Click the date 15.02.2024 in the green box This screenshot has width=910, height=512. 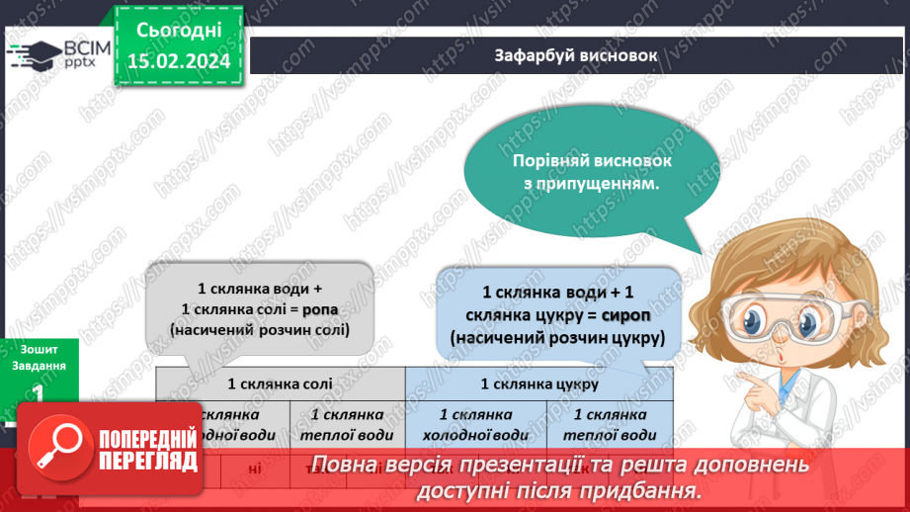pos(179,61)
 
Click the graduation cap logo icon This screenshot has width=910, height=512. pos(36,54)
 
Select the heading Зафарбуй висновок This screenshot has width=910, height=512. pos(575,54)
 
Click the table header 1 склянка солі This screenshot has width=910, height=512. pos(280,383)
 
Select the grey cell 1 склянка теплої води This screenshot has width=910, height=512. pos(347,424)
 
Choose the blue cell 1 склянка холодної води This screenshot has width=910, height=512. pos(475,424)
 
